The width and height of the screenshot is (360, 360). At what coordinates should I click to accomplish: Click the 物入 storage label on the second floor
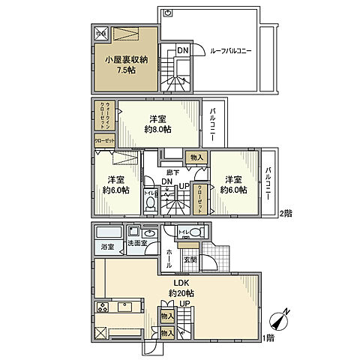click(x=196, y=157)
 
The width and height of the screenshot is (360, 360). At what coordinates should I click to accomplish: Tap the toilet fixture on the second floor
click(x=150, y=203)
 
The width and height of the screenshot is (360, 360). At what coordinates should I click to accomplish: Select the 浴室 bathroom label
click(x=108, y=246)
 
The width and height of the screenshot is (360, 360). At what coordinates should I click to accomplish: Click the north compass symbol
click(x=279, y=320)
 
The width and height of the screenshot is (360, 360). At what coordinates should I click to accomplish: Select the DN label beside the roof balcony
click(x=183, y=50)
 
